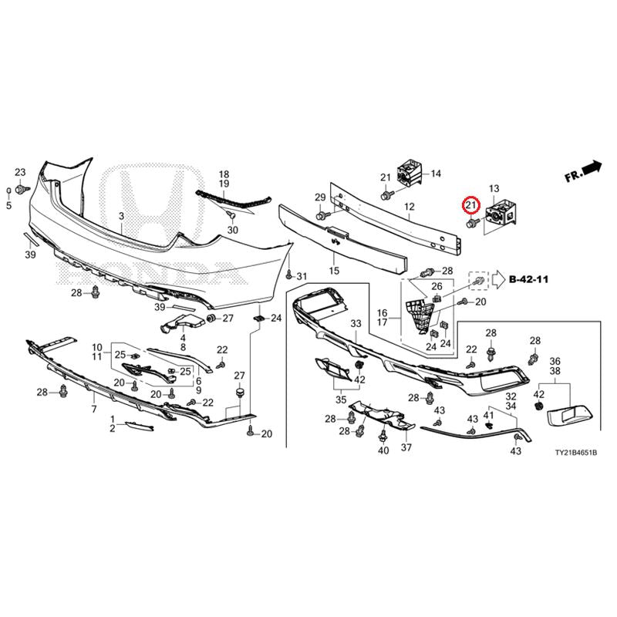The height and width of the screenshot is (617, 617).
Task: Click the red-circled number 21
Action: point(471,204)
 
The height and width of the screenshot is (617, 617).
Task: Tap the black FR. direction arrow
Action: point(592,167)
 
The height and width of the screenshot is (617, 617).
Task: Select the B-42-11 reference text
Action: point(528,279)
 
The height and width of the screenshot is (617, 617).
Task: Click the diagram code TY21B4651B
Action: point(575,453)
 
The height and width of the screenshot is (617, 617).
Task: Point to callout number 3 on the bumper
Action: point(122,216)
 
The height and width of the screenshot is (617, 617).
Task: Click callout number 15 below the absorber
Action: point(334,271)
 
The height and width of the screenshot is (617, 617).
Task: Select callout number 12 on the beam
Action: point(410,207)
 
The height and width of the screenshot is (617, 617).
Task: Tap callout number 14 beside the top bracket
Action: point(436,174)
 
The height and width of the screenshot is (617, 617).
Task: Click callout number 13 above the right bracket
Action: point(494,189)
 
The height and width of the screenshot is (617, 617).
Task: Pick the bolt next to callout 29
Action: point(321,215)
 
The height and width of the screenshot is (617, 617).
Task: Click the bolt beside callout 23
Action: point(20,190)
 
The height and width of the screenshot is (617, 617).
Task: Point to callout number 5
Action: point(8,205)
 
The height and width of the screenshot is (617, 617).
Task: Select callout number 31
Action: point(302,277)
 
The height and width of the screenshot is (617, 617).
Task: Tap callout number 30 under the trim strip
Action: point(233,230)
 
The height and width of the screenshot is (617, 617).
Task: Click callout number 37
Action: point(406,447)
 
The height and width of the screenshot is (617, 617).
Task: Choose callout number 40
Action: point(383,450)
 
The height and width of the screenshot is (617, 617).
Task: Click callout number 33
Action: point(356,324)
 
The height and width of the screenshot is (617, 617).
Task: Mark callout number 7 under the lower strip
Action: point(94,410)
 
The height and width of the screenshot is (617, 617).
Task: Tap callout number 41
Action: point(488,416)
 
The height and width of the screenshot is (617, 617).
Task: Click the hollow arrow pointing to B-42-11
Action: point(498,279)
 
